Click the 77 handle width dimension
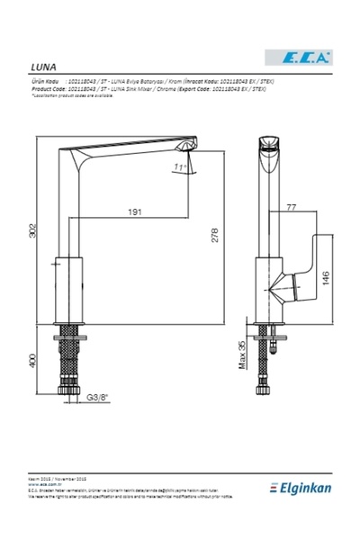pos(291,208)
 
